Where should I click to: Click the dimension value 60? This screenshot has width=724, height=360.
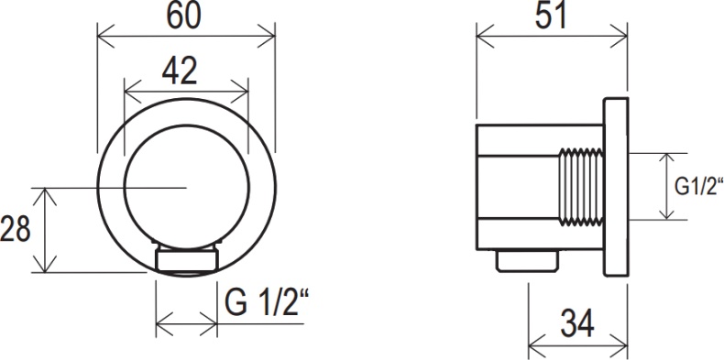coord(186,16)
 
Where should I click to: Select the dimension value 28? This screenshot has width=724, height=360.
coord(16,229)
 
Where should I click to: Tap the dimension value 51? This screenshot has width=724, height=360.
coord(550,16)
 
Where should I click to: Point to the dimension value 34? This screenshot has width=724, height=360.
coord(575,322)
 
